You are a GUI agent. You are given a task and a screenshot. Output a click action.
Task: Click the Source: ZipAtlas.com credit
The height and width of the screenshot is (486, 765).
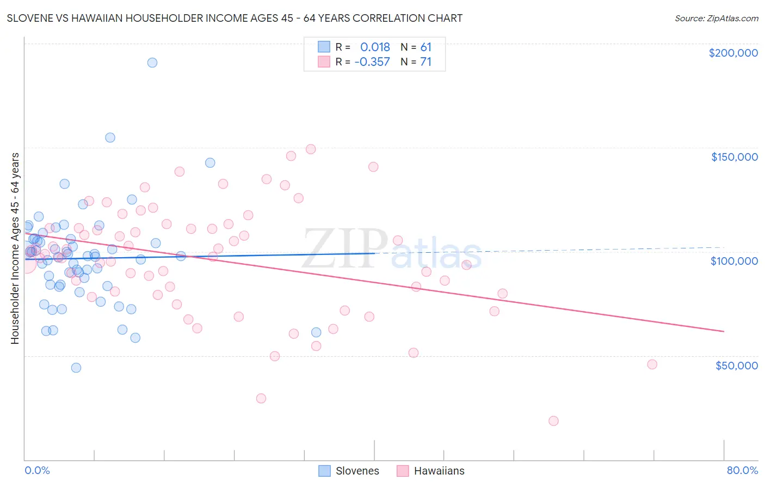coord(716,18)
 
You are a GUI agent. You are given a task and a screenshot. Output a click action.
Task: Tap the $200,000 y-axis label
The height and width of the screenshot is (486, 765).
coord(733,53)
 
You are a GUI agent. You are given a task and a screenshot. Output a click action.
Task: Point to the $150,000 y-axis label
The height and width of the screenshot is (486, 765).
coord(734,157)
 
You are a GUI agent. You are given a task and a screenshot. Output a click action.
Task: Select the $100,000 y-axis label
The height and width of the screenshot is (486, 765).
coord(734,261)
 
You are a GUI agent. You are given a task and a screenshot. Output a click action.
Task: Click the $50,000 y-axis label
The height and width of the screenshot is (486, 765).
coord(736,365)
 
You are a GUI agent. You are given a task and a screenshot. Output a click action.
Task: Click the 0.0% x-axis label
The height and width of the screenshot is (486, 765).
coord(37,470)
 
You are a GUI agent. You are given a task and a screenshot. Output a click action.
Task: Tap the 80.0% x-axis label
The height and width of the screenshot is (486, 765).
coord(742,470)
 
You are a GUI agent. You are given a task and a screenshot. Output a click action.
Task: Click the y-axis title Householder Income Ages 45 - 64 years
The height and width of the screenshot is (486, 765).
coord(15,248)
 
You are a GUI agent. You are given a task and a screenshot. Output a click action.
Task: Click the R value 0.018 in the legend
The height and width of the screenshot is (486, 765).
coord(375,47)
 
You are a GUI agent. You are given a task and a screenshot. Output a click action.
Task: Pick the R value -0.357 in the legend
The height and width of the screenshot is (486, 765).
coord(372,62)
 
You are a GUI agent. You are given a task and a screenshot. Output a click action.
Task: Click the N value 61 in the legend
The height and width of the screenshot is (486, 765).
coord(425,47)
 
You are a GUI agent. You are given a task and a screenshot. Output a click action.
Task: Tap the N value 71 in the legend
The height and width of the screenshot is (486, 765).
coord(425,62)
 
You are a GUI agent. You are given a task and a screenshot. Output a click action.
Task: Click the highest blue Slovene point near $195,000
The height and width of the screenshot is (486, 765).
coord(152,63)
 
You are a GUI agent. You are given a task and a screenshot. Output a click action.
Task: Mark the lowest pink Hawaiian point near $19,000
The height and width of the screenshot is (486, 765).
coord(553,421)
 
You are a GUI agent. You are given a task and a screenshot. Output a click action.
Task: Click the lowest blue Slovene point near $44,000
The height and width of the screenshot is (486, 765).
coord(76,368)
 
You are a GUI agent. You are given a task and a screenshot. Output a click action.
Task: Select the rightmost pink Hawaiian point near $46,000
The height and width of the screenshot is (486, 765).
coord(652,364)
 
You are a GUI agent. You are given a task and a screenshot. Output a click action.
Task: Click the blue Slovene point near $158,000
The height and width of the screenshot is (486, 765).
coord(110,137)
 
